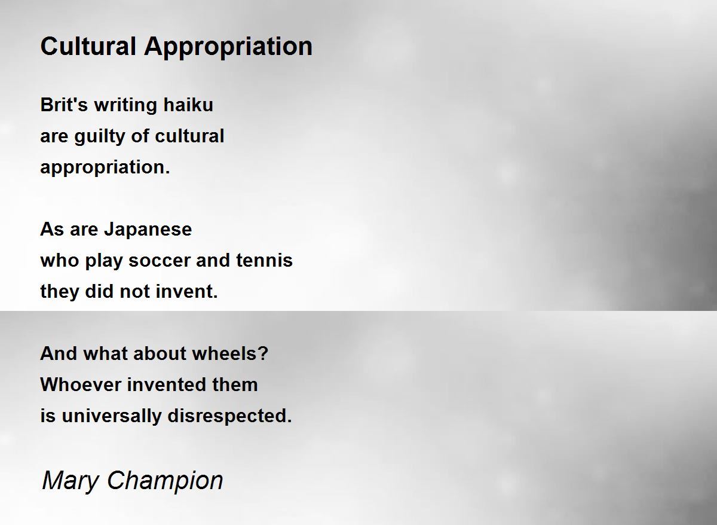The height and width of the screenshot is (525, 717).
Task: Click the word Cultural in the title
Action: pos(88,46)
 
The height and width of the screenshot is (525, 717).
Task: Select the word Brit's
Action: pos(64,105)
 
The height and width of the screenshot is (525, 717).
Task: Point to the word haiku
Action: pos(188,105)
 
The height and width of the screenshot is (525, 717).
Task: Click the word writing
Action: pos(126,106)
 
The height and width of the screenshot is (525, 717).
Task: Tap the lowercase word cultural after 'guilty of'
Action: pos(189,136)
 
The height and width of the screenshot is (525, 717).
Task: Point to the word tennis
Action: pos(264,260)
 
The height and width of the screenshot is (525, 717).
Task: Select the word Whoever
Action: pos(81,384)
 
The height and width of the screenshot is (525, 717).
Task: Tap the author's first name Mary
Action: pos(71,482)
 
